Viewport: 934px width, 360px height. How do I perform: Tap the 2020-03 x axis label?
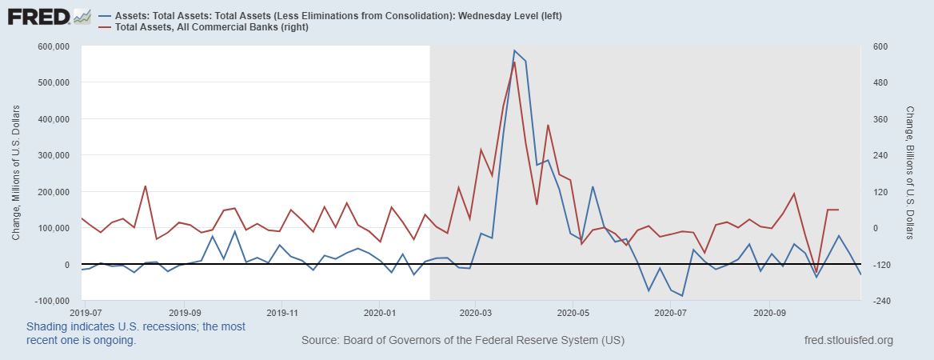pyautogui.click(x=475, y=312)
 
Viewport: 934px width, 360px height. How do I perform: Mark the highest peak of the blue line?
pyautogui.click(x=514, y=50)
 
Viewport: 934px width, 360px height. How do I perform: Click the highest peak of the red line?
pyautogui.click(x=514, y=62)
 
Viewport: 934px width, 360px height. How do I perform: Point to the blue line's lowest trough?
pyautogui.click(x=682, y=296)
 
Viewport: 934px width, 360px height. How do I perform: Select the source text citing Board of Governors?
pyautogui.click(x=463, y=341)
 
